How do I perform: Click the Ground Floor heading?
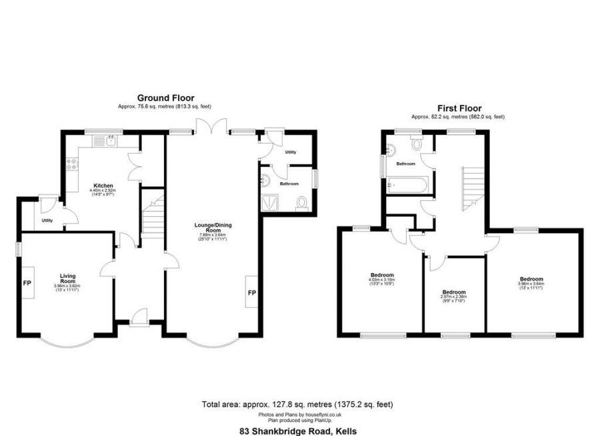point(166,98)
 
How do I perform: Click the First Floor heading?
point(459,108)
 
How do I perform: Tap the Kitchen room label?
point(103,185)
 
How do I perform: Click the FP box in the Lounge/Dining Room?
point(251,292)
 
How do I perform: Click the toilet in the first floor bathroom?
point(417,143)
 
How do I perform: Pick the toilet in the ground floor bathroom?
point(302,202)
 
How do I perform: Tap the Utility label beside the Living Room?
point(47,220)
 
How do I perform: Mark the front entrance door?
point(139,317)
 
